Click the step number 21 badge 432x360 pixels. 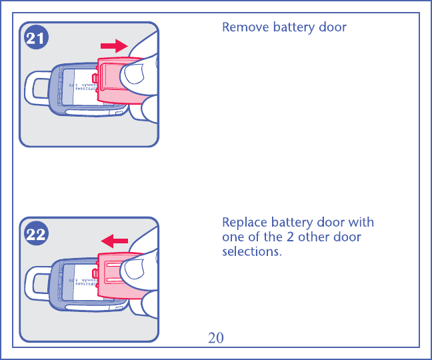click(x=36, y=39)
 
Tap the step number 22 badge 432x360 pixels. click(x=36, y=234)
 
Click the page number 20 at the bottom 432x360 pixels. click(x=215, y=337)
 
